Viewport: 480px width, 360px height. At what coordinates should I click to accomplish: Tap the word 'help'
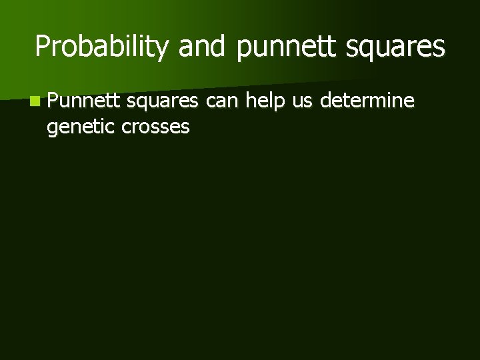[265, 101]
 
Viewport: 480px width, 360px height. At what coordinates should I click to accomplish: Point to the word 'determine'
[367, 101]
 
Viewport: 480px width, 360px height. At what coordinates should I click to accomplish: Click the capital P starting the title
[43, 47]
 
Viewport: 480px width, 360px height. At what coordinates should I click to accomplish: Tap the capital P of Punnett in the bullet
[53, 101]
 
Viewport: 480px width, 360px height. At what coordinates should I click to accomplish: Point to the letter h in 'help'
[251, 101]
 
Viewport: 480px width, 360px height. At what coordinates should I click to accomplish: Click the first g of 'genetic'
[52, 128]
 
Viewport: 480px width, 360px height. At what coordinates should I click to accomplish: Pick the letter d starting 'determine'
[327, 101]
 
